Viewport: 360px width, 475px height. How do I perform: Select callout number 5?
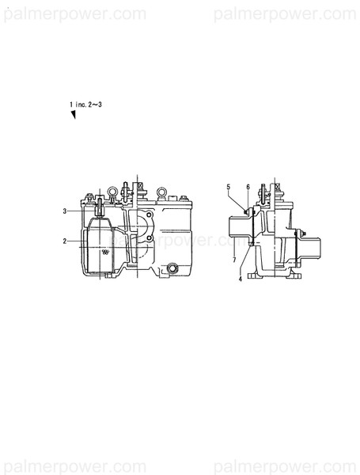229,187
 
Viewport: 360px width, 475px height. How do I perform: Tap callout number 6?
248,187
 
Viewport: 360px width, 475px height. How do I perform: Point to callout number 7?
235,259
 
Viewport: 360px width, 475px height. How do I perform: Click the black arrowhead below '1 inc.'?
73,116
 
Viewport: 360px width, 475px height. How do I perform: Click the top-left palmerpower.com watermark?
74,13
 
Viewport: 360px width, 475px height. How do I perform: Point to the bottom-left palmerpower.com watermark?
74,461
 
